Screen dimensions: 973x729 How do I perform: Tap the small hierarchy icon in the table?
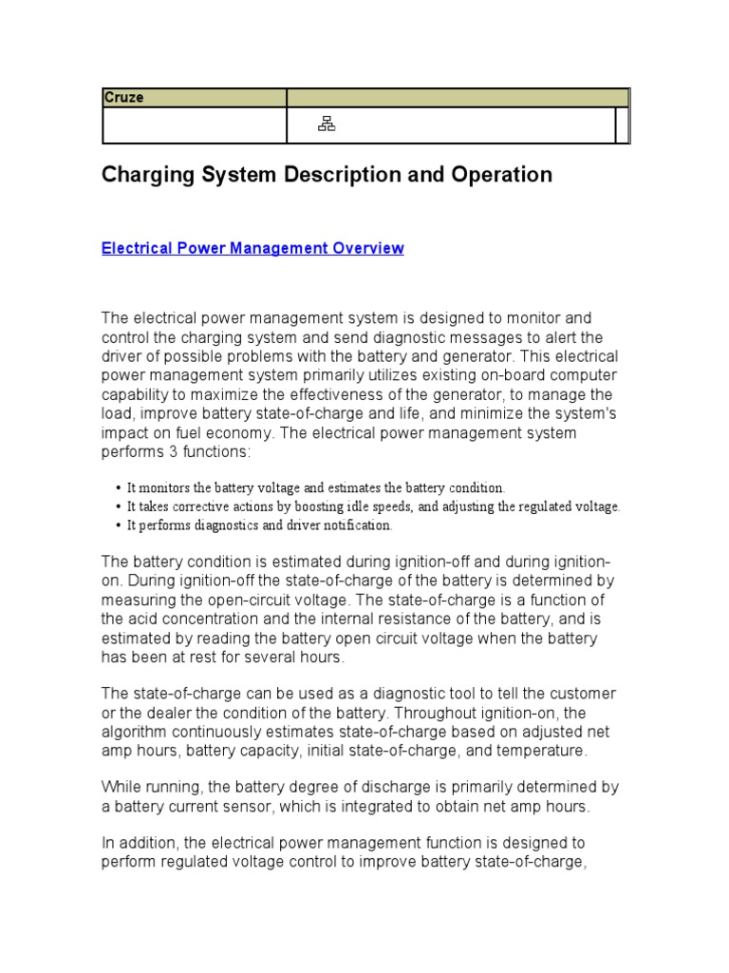[326, 124]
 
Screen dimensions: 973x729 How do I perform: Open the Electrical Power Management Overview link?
[252, 248]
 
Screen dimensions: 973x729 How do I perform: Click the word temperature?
[540, 750]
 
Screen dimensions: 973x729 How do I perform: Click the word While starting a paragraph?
[121, 787]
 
